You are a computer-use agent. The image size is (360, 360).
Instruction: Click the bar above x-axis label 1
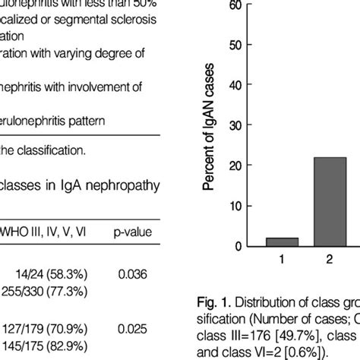point(282,242)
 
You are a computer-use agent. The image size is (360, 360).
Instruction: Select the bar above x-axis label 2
point(330,202)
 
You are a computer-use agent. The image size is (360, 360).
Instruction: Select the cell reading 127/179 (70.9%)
point(56,328)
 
